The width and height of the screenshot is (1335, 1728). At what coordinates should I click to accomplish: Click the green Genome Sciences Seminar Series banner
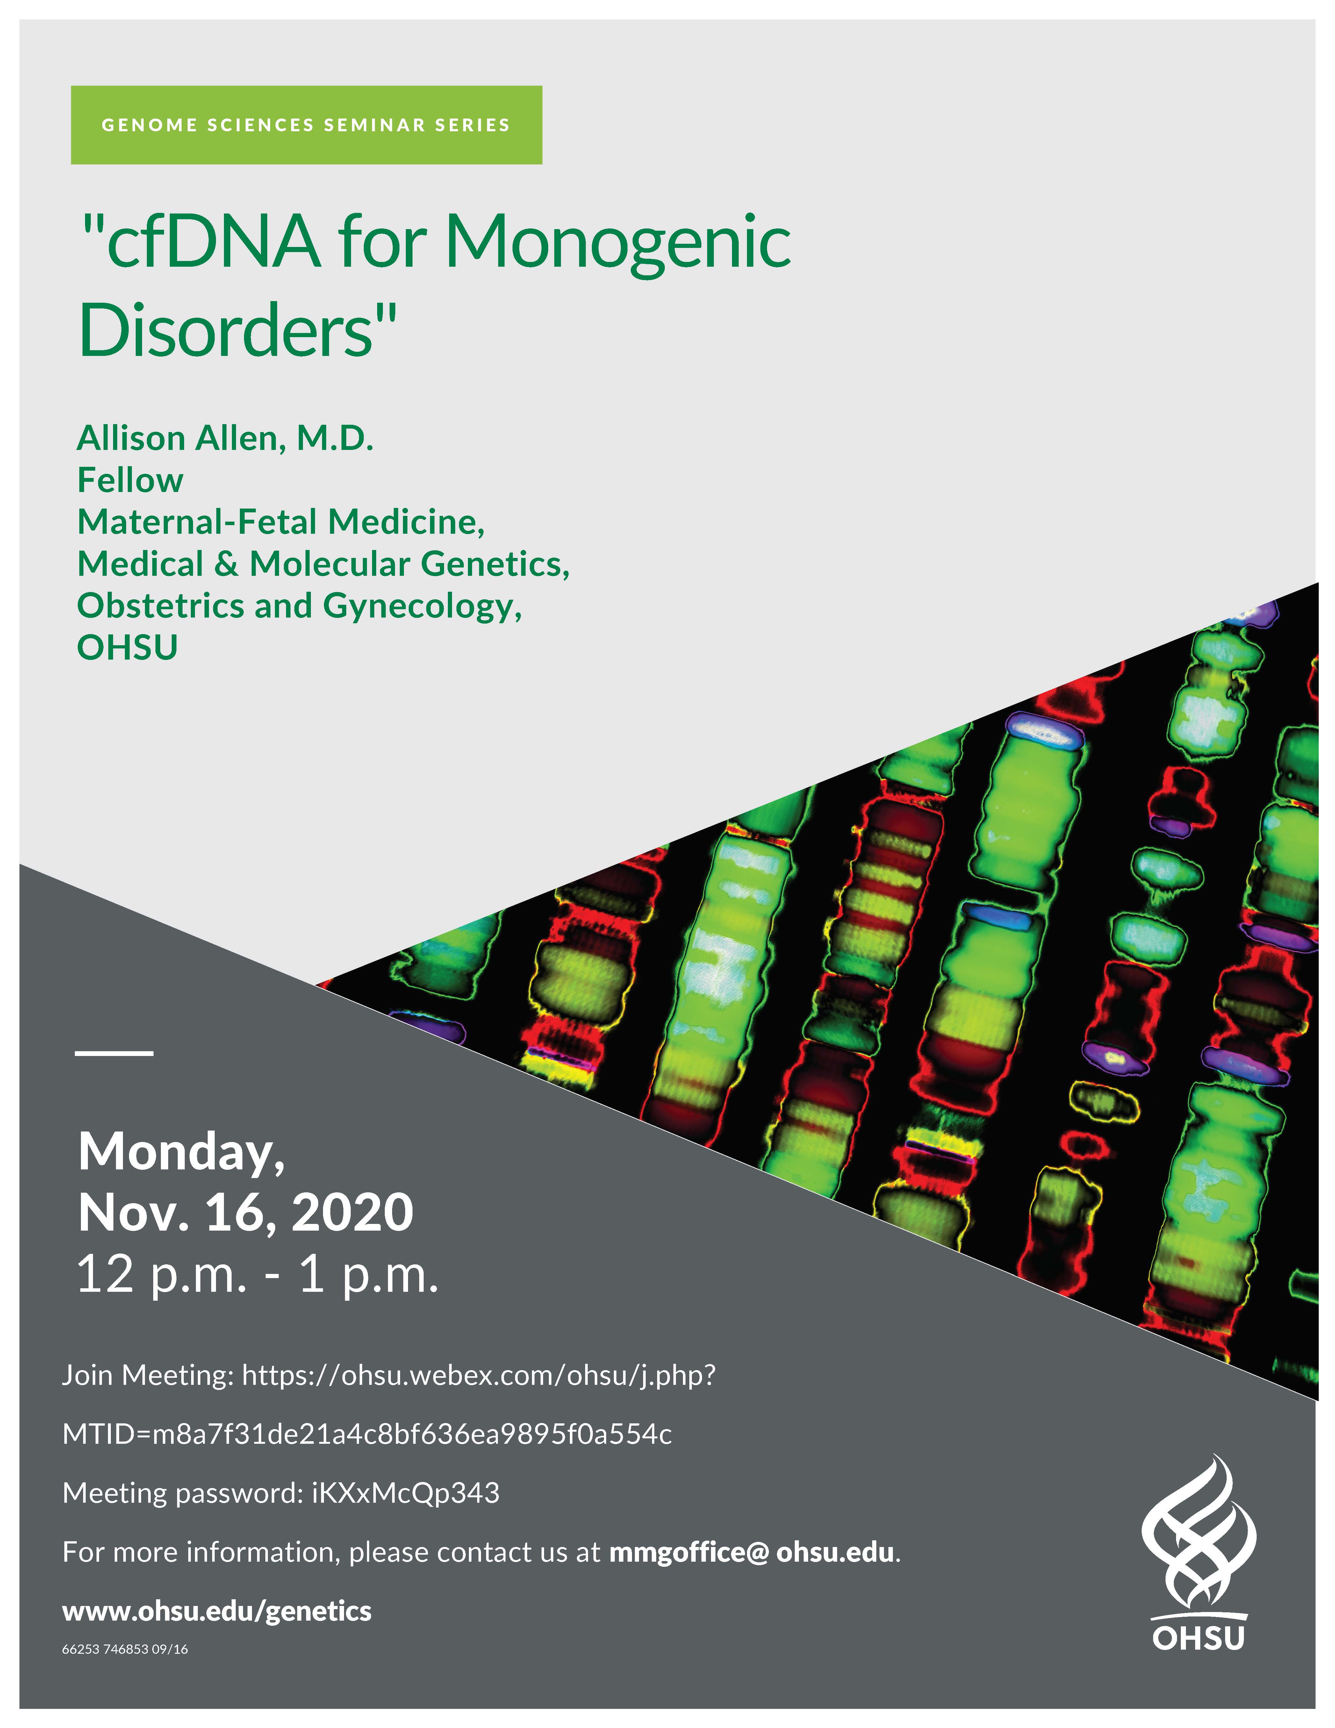[306, 125]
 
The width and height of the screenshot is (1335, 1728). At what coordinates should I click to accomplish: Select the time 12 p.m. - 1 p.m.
[257, 1276]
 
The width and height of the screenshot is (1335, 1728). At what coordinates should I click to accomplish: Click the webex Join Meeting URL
[478, 1376]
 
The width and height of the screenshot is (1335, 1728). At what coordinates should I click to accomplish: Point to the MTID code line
[367, 1435]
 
